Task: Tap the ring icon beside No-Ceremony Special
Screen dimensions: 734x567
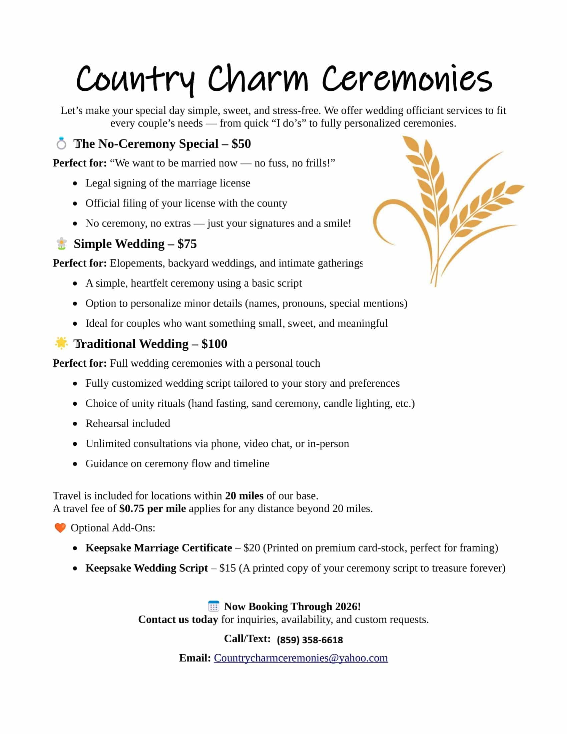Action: [61, 143]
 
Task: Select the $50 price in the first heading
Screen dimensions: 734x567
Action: [241, 144]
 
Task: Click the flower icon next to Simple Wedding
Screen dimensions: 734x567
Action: [61, 244]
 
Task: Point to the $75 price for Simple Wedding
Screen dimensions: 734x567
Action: [187, 244]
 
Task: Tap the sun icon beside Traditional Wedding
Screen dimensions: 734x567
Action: [61, 343]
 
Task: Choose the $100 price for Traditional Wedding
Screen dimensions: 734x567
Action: [214, 344]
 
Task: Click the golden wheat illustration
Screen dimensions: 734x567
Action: [447, 209]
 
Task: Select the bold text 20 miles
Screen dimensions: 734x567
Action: [244, 496]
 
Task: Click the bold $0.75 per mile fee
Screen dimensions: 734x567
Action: [152, 508]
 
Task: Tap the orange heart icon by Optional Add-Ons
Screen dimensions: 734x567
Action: [60, 528]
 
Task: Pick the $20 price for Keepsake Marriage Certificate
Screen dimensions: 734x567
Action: [251, 548]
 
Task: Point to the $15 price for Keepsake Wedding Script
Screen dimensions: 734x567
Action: [227, 568]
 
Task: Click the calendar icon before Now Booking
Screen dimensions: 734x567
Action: [214, 606]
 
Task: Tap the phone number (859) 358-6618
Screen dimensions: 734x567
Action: [310, 640]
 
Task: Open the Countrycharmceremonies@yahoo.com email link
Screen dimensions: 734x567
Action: [301, 658]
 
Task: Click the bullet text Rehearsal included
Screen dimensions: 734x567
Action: [128, 423]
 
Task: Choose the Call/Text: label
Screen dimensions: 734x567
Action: [247, 639]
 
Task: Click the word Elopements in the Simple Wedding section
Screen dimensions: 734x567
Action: [137, 263]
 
